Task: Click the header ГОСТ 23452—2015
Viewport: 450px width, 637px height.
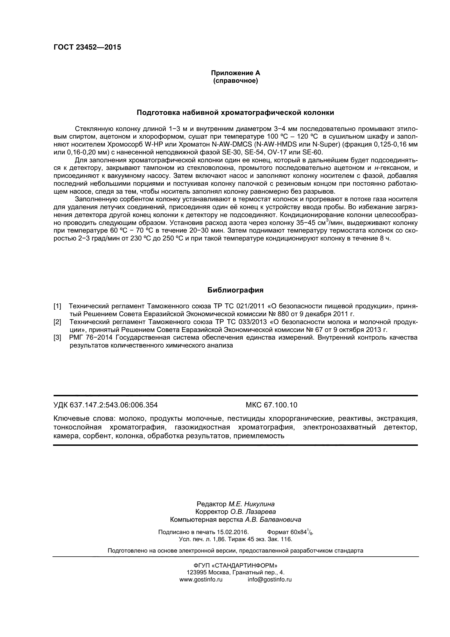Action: (x=87, y=47)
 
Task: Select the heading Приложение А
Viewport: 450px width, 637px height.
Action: (x=236, y=73)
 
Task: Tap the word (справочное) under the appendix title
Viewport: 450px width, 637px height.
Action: (x=236, y=81)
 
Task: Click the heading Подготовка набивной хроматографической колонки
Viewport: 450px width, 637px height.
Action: (x=236, y=113)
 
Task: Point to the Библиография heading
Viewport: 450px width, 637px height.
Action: (x=236, y=290)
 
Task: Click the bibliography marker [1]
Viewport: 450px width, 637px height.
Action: (x=57, y=306)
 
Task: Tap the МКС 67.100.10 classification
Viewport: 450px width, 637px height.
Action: (x=271, y=405)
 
